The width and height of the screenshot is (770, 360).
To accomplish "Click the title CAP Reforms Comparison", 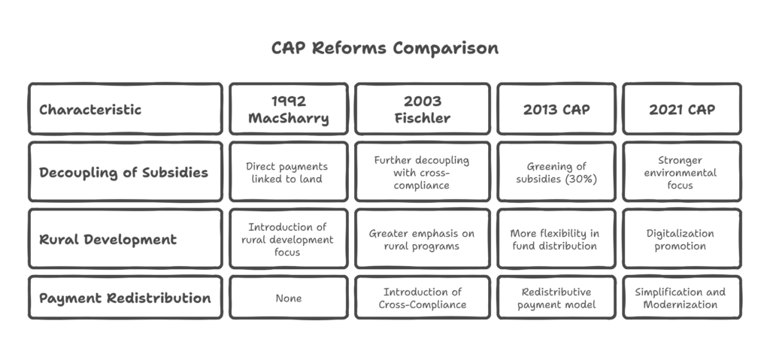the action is tap(385, 48).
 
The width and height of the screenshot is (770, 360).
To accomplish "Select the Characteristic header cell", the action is tap(126, 109).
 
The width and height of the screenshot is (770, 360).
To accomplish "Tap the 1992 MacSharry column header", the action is tap(288, 109).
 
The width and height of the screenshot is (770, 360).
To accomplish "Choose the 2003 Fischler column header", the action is tap(423, 109).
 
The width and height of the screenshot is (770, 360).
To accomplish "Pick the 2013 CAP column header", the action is tap(556, 109).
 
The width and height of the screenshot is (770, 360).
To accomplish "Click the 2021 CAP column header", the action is tap(681, 109).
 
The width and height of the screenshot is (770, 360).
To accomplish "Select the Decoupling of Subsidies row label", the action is tap(126, 172).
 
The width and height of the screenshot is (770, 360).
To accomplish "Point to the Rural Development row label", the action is tap(126, 239).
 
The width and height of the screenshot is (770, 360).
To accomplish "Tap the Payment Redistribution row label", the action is tap(126, 298).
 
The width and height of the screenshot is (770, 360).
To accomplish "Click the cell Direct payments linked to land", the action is tap(288, 172).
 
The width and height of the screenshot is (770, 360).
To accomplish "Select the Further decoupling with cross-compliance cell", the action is tap(423, 172).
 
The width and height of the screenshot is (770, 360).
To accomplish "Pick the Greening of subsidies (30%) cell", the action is tap(556, 172).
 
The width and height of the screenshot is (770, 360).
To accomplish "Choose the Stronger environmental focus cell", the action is tap(681, 172).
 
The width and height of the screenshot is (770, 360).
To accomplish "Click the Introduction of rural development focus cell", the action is tap(288, 239).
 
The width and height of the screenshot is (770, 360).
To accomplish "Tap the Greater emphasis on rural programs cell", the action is tap(423, 239).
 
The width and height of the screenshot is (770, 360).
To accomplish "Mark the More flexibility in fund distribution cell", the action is tap(556, 239).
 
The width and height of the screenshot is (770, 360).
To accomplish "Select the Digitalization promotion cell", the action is tap(681, 239).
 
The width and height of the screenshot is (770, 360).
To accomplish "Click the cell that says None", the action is tap(288, 298).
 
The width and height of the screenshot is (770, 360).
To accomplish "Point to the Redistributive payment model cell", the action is tap(556, 298).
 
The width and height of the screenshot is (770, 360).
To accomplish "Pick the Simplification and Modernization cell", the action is tap(681, 298).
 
